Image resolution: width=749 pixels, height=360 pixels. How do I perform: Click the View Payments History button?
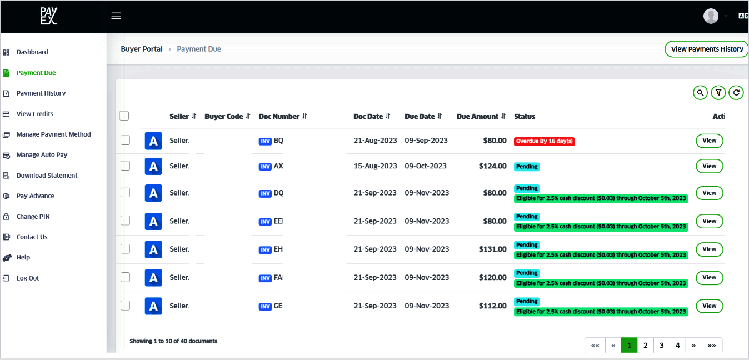click(707, 49)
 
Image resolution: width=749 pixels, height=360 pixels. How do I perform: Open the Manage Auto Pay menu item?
click(42, 155)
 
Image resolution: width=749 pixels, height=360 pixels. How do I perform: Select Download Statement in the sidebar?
click(47, 176)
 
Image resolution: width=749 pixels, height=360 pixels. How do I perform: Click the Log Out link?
click(27, 278)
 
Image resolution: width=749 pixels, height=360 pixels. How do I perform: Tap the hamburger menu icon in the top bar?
click(116, 16)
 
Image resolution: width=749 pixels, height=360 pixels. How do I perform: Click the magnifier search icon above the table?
click(700, 93)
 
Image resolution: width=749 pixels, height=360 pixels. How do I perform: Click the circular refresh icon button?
click(736, 93)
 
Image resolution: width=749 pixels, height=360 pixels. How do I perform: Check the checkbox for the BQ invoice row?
click(126, 141)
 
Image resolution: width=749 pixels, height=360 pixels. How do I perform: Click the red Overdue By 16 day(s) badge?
click(544, 141)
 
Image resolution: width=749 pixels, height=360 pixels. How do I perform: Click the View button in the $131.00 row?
click(709, 249)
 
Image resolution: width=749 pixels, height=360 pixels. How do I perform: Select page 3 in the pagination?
click(661, 345)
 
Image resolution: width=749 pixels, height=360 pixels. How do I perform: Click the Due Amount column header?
click(477, 117)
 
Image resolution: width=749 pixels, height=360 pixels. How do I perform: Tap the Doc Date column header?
click(368, 117)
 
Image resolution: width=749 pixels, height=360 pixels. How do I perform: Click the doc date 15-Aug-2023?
click(375, 166)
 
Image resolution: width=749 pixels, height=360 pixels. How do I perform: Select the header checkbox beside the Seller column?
click(124, 116)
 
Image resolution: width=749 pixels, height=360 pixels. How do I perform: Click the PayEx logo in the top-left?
click(48, 16)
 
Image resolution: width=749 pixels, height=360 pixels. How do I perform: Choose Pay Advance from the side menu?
click(35, 196)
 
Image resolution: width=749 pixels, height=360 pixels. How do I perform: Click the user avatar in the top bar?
click(711, 16)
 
